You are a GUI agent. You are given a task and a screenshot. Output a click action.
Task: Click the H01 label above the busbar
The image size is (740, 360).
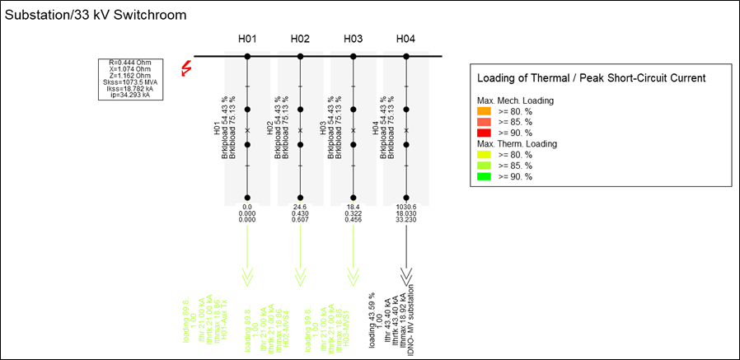tap(247, 39)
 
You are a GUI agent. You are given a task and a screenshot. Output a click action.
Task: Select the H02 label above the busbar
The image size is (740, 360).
tap(300, 39)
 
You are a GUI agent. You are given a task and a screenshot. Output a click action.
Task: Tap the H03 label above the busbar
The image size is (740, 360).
tap(353, 39)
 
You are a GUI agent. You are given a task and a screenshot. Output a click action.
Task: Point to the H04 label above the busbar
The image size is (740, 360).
tap(405, 39)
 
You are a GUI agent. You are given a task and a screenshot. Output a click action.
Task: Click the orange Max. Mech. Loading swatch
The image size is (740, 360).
tap(485, 110)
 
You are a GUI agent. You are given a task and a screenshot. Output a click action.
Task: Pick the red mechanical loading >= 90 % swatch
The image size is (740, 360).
tap(485, 132)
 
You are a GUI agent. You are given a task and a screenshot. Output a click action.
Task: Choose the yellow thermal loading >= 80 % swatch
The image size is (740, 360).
tap(485, 154)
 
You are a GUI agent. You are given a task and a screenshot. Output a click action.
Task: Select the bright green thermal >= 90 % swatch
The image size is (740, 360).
tap(485, 176)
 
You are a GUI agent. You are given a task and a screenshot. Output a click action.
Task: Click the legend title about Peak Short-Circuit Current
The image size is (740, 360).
tap(591, 78)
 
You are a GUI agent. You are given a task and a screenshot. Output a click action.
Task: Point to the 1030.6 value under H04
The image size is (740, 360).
tap(405, 208)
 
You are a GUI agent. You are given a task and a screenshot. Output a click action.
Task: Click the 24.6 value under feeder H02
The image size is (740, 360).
tap(300, 208)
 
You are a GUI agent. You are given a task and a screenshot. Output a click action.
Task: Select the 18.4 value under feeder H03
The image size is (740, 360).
tap(353, 208)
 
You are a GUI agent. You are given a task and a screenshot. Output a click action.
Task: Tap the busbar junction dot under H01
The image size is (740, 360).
tap(247, 56)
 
